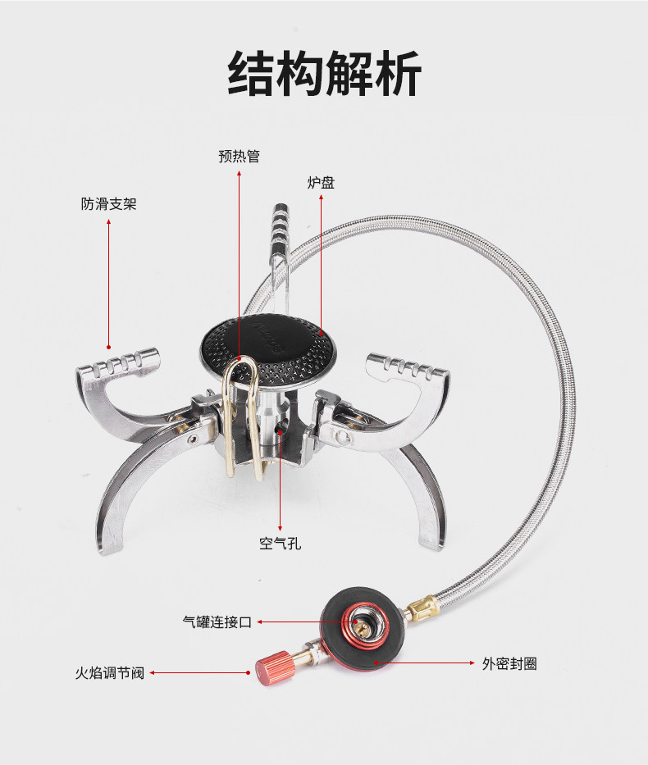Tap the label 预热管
(239, 156)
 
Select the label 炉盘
(321, 183)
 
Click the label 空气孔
(280, 544)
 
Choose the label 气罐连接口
(217, 622)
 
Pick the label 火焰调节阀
(109, 673)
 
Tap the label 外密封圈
(509, 664)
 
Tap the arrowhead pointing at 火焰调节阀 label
(153, 673)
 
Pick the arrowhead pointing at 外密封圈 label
(473, 661)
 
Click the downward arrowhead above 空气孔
(281, 529)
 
